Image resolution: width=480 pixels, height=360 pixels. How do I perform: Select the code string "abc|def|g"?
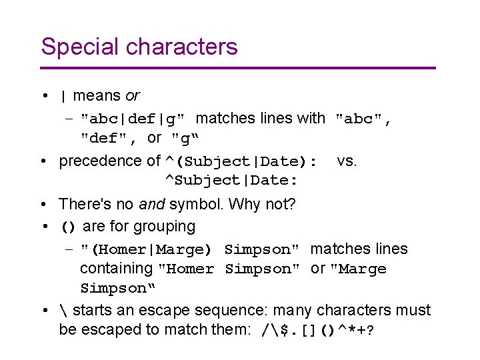point(136,119)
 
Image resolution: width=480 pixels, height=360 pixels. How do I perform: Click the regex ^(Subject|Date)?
point(241,162)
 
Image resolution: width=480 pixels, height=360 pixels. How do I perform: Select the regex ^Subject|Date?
point(231,181)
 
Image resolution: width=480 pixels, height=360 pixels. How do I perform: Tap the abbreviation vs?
point(347,161)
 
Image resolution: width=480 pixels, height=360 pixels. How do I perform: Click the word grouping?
point(164,227)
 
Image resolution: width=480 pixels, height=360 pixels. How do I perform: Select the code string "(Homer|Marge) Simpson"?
point(189,250)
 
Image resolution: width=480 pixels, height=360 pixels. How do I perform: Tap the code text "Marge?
point(358,269)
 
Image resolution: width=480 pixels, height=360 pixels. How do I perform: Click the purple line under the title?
point(238,68)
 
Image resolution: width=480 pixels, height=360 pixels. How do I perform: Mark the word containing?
point(116,269)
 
